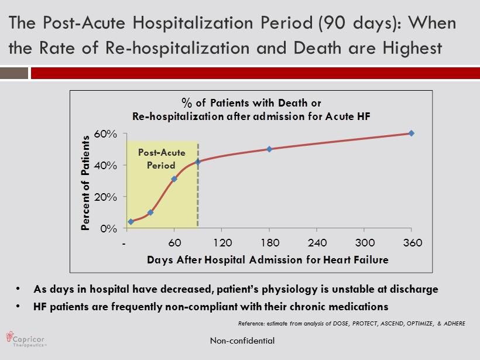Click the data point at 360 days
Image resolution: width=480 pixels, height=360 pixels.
412,133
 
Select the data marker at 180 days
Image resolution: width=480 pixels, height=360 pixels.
269,149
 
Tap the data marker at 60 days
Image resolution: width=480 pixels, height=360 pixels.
174,179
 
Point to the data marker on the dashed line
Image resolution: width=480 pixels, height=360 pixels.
198,162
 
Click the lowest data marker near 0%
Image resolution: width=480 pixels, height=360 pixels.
131,222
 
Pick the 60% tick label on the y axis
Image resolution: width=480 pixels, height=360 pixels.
106,134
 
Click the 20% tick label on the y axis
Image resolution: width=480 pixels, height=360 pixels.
106,197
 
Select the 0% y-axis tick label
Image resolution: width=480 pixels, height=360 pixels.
109,229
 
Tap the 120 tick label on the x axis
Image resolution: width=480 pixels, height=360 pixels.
222,243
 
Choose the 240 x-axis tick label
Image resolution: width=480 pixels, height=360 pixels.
317,243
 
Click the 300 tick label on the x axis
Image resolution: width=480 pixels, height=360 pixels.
365,243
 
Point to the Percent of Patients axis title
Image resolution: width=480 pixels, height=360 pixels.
85,183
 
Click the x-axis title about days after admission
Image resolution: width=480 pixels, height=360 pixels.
267,259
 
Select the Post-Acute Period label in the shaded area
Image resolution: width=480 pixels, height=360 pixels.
162,159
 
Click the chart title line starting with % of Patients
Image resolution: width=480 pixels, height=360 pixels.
251,104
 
